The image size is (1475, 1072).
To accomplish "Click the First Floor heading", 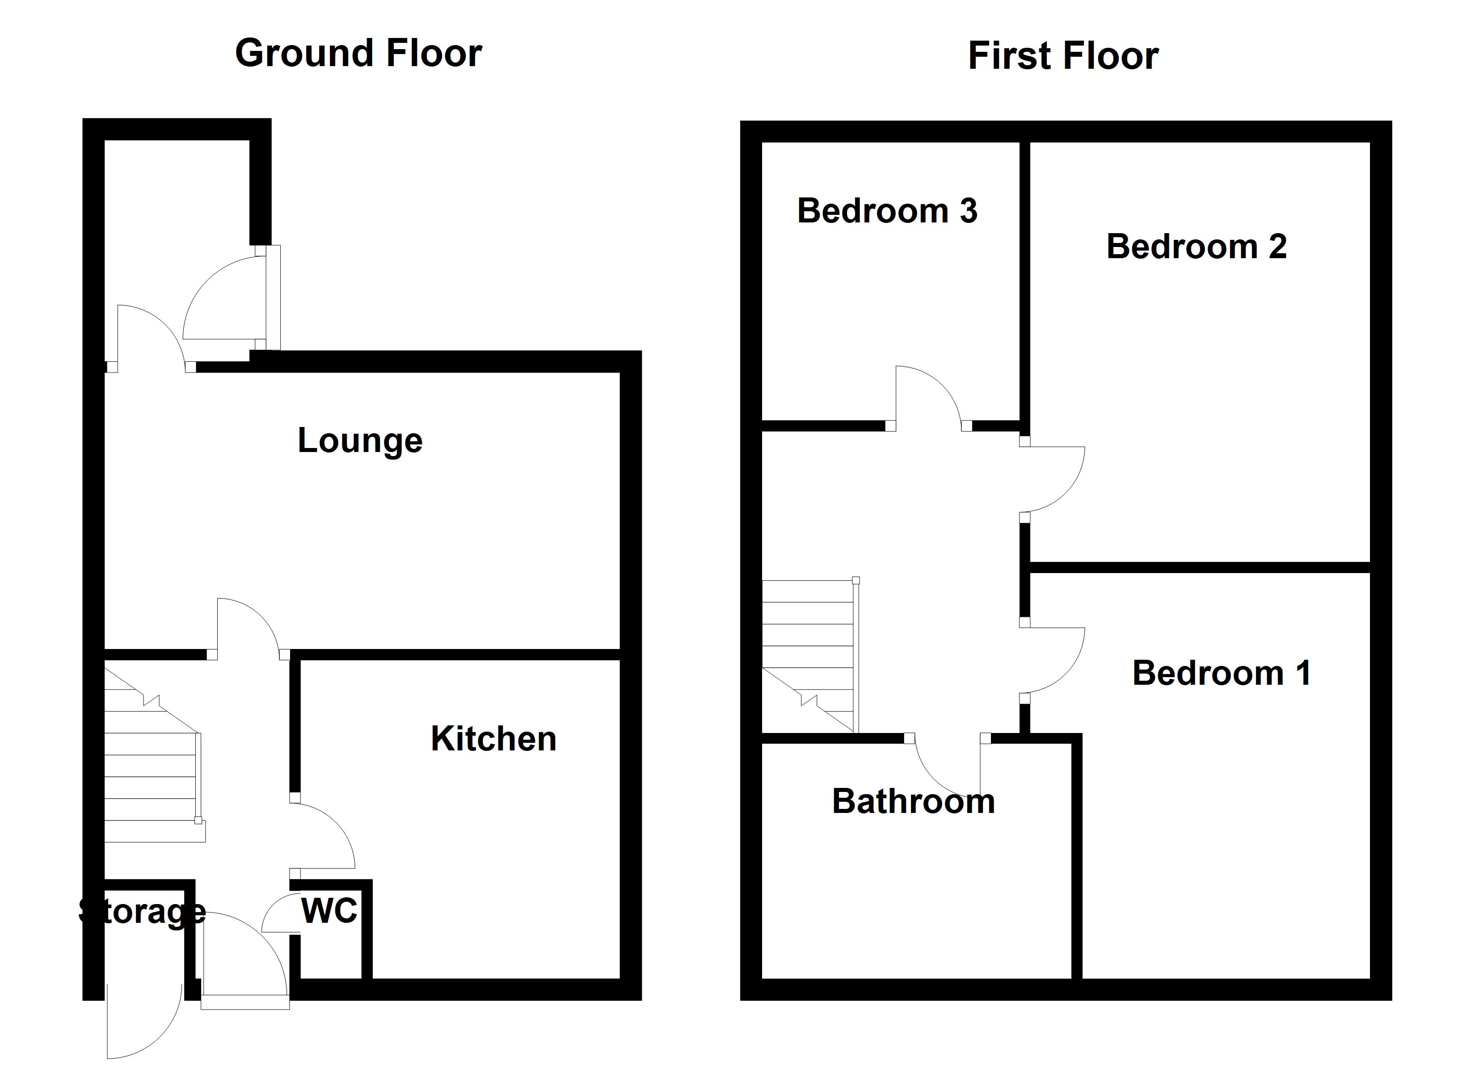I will coord(1063,56).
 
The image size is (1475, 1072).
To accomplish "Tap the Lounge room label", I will coord(360,441).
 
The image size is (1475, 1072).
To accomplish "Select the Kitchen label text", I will coord(493,739).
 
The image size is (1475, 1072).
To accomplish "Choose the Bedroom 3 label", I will coord(887,211).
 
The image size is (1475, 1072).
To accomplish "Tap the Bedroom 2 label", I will coord(1196,247).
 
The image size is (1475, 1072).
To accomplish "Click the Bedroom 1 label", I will coord(1222,673).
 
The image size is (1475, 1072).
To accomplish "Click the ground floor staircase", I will coord(151,767).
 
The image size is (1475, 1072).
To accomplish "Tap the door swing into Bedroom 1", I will coord(1054,660).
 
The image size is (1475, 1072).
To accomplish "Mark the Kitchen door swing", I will coord(325,835).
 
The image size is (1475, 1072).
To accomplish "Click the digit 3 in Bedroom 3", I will coord(969,211).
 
